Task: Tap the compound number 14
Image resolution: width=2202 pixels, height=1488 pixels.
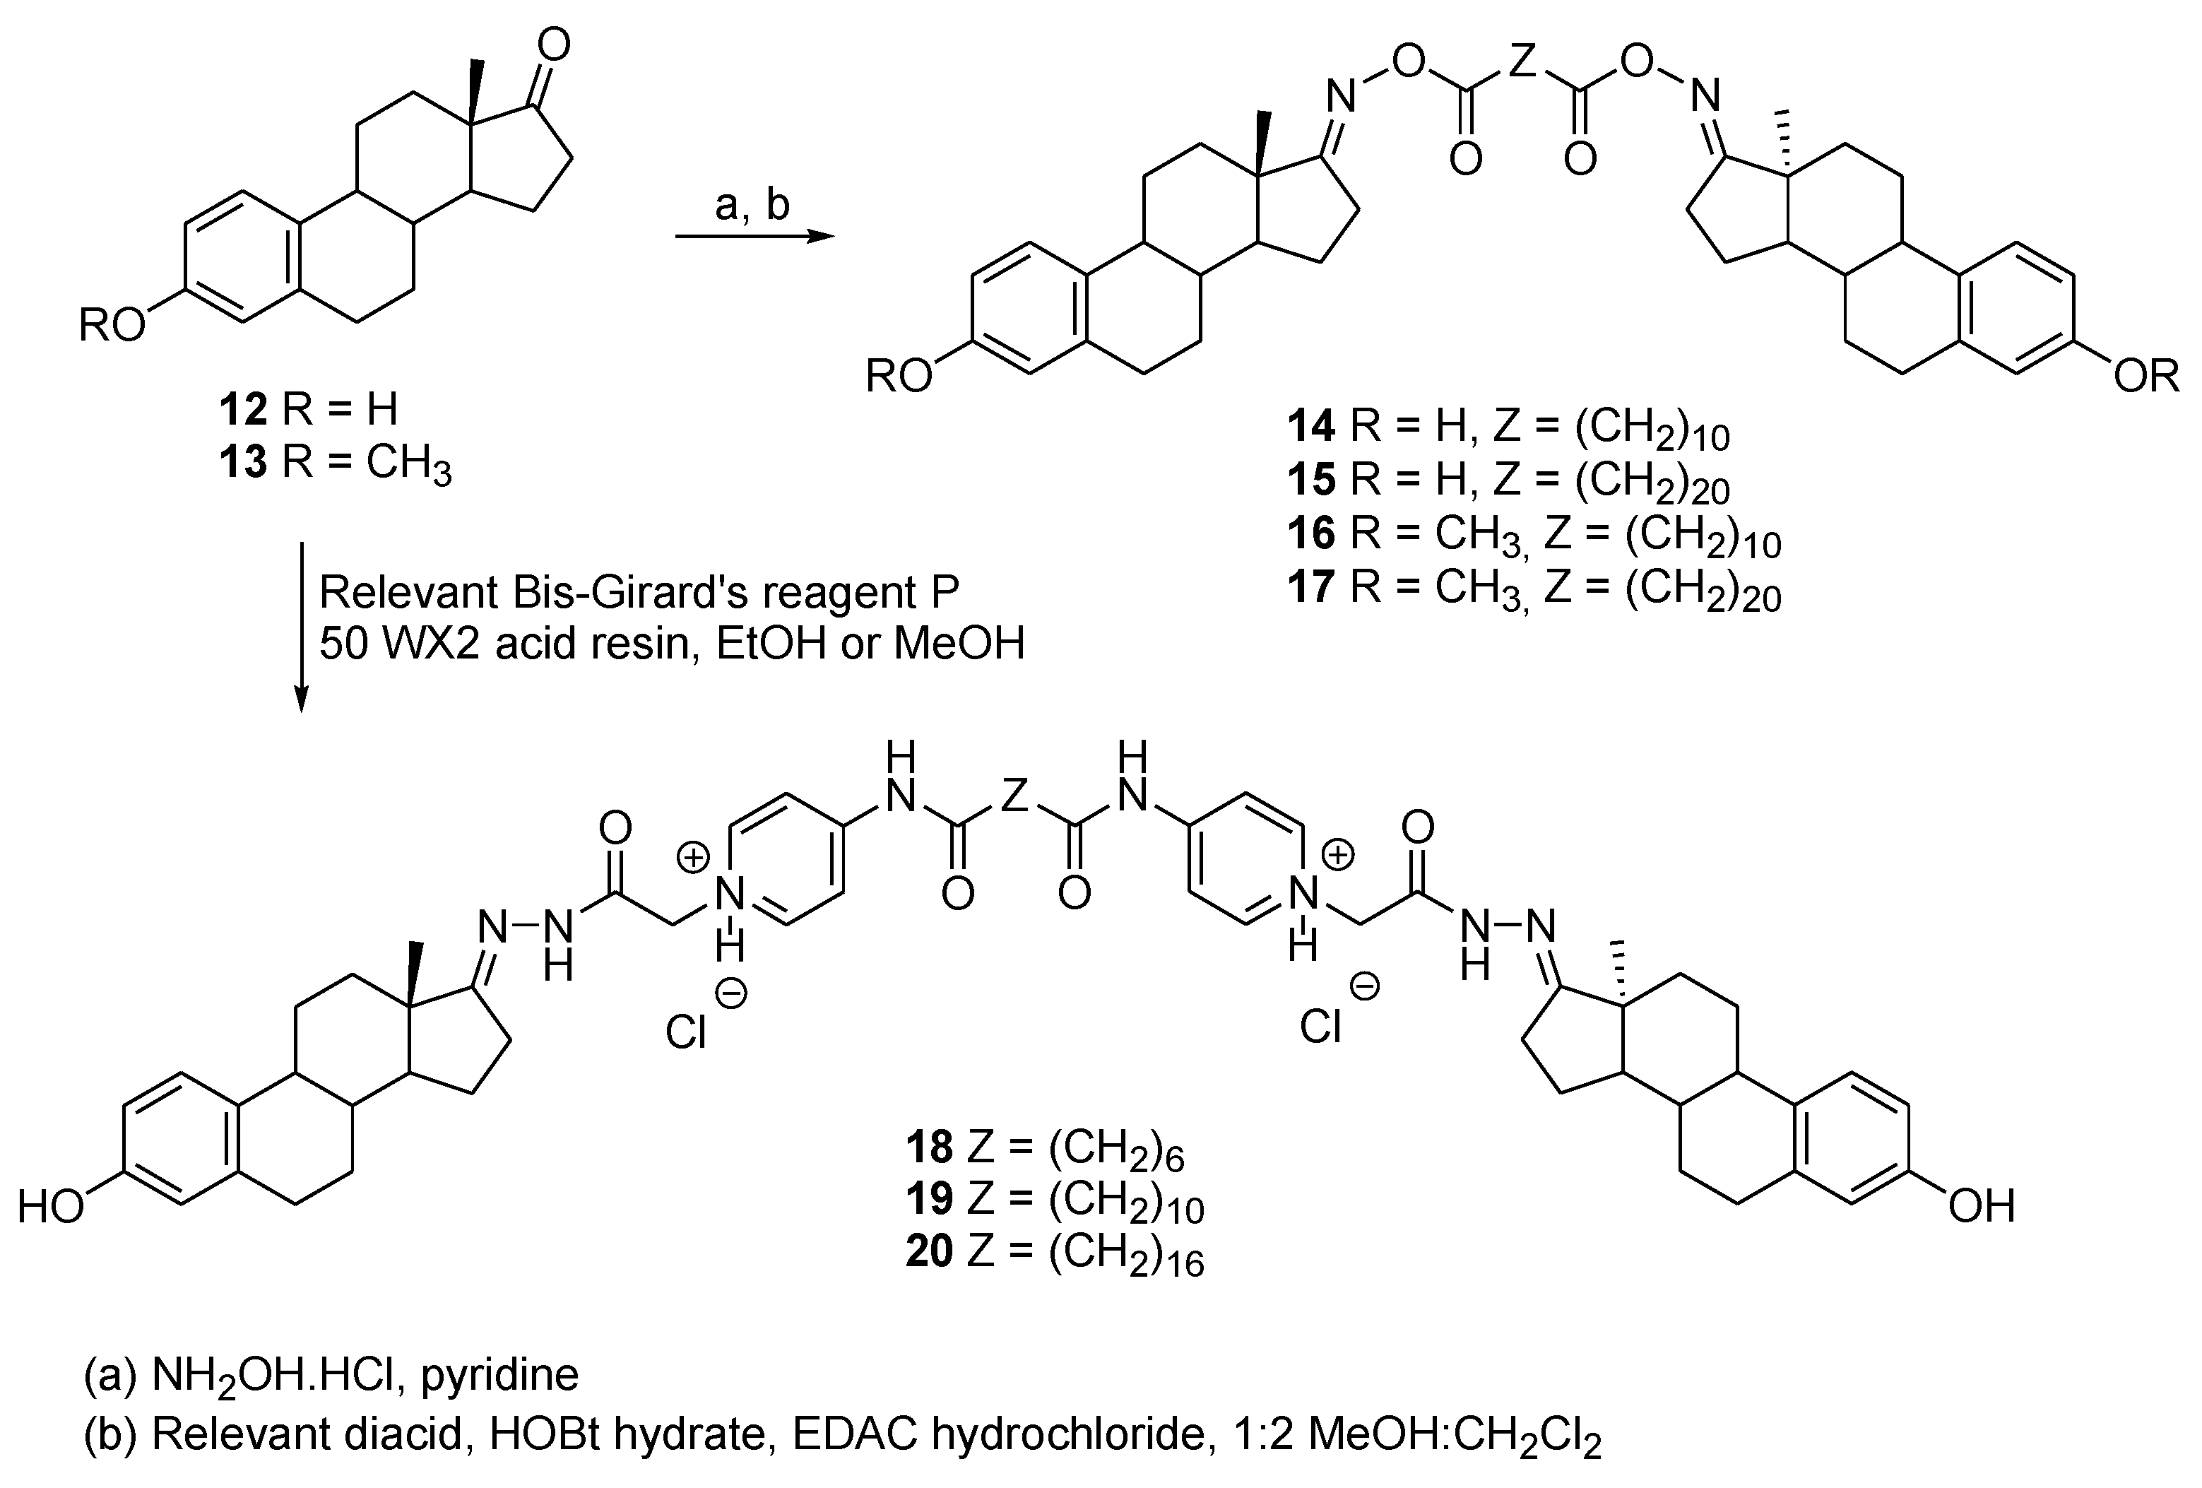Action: pos(1310,427)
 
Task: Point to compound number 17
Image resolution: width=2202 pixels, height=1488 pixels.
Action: pos(1310,588)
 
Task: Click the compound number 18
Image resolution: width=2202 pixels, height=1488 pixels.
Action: pos(930,1147)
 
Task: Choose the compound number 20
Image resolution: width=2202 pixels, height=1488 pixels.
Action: pos(930,1252)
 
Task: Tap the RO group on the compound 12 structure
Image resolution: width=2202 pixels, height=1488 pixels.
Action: pos(112,326)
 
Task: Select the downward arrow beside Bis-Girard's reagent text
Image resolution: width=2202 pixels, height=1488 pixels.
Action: pos(302,625)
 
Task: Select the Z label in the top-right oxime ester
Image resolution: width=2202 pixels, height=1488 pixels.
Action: pos(1521,63)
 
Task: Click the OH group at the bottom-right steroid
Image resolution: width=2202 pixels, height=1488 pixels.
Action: pos(1981,1207)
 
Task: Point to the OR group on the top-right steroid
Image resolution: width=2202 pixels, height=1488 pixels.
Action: pos(2147,377)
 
